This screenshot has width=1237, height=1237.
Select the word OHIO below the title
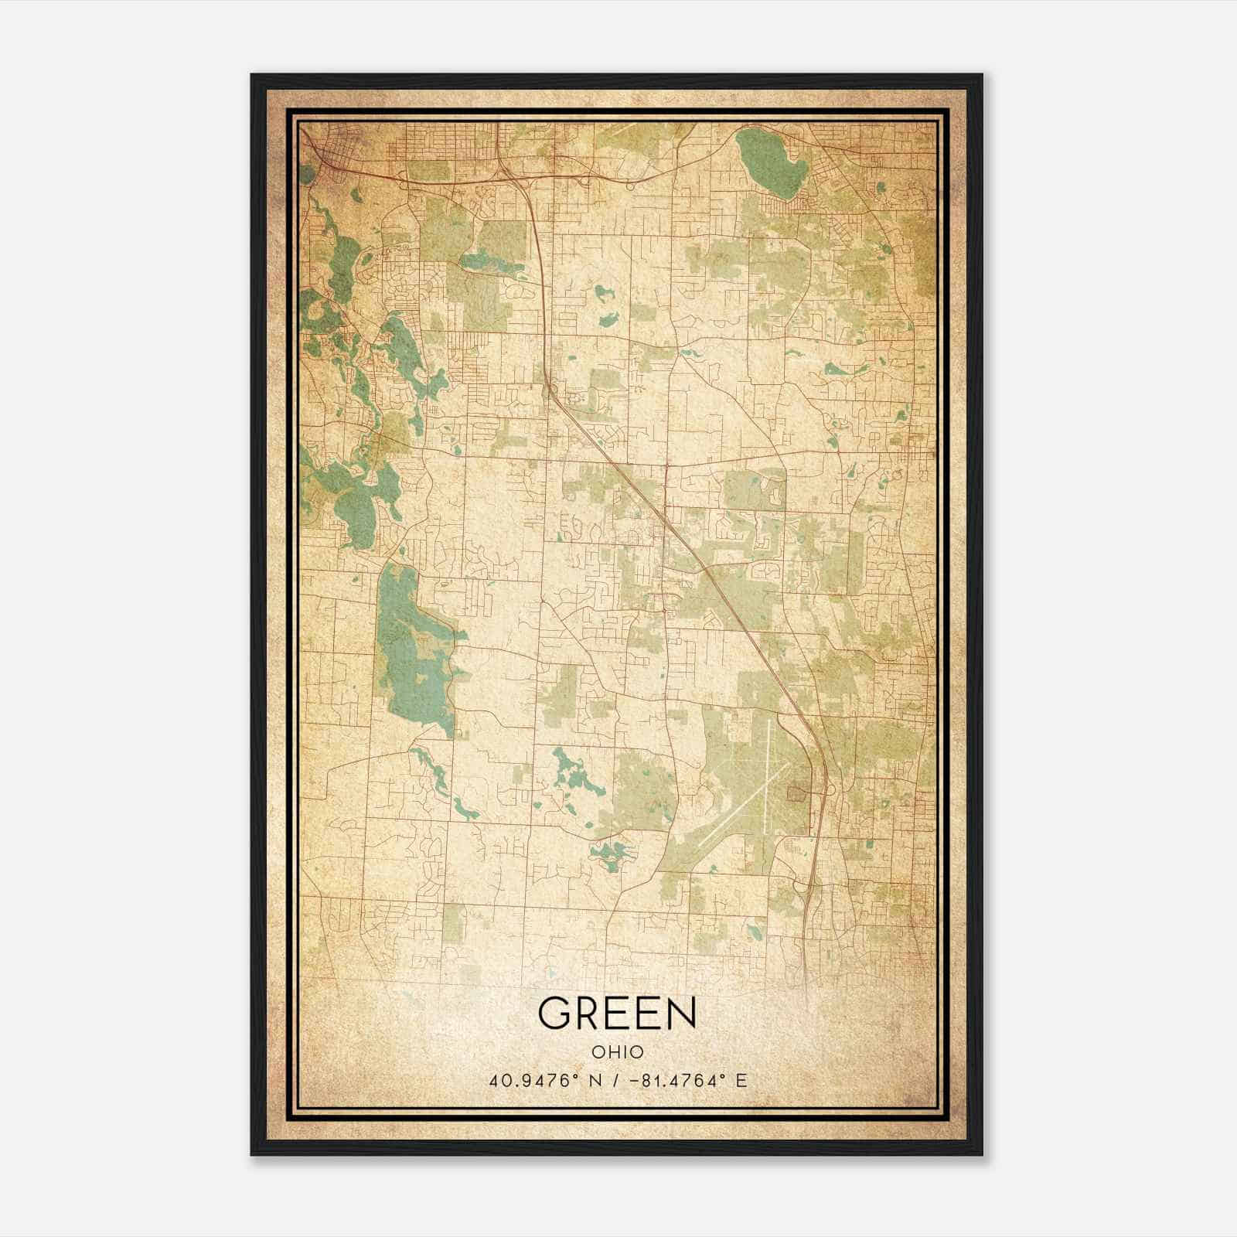617,1052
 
